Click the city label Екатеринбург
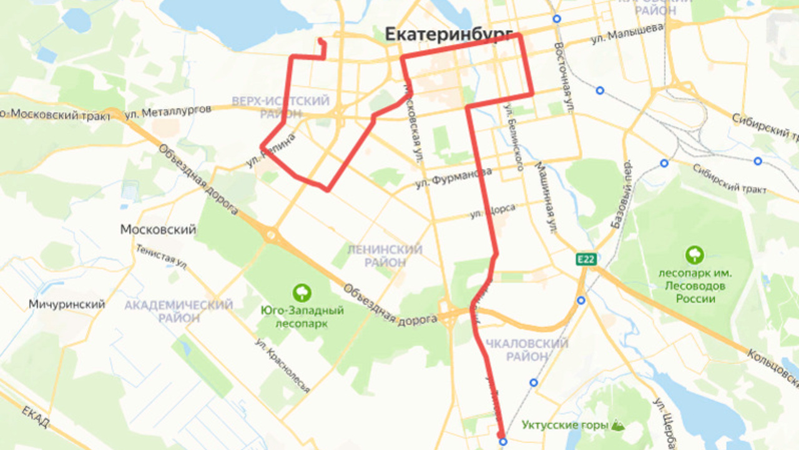[x=449, y=35]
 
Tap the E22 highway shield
[x=586, y=259]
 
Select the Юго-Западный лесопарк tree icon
[x=302, y=292]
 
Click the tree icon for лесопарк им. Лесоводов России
[x=694, y=255]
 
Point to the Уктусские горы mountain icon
[x=617, y=425]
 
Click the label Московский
[x=158, y=229]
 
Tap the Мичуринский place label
[x=67, y=304]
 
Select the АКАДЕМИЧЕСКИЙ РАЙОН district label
[x=179, y=311]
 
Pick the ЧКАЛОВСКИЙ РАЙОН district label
[x=527, y=350]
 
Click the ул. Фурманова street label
[x=453, y=179]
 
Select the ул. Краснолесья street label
[x=282, y=366]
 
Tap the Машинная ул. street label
[x=544, y=197]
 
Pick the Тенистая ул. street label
[x=161, y=256]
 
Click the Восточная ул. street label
[x=564, y=77]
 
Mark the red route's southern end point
[x=501, y=434]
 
